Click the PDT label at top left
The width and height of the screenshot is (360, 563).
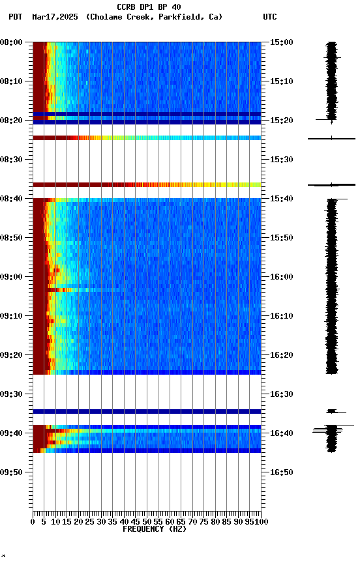click(16, 17)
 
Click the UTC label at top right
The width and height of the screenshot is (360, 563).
click(270, 17)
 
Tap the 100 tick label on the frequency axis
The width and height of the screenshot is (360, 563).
click(261, 522)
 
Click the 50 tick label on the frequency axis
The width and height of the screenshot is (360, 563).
click(147, 522)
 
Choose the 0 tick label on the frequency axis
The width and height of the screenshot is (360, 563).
click(33, 522)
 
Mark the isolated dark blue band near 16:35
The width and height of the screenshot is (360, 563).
click(147, 411)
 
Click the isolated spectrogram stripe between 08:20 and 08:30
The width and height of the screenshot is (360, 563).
click(147, 138)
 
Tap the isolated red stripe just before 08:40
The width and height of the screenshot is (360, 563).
click(147, 185)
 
